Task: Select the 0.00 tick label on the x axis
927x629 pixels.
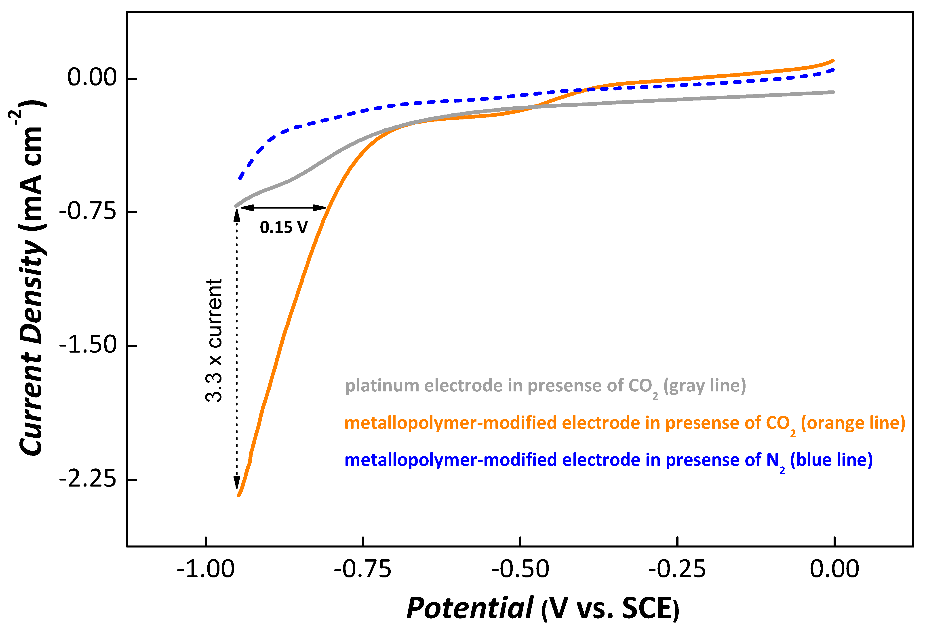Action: [x=834, y=569]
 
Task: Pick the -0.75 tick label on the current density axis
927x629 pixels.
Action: [x=88, y=211]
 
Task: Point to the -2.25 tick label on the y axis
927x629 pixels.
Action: [x=88, y=479]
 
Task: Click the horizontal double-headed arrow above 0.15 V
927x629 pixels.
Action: [x=284, y=208]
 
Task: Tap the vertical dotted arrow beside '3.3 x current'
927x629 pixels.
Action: [x=237, y=347]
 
